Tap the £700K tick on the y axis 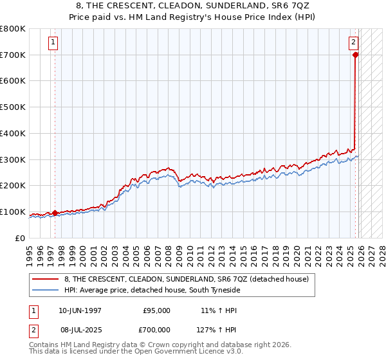coord(13,55)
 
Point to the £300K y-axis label coord(13,160)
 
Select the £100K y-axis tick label coord(13,212)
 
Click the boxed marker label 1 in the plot coord(53,43)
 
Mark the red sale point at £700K coord(356,55)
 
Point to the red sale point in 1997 coord(55,213)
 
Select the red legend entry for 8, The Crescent coord(187,279)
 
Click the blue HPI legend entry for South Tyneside coord(152,291)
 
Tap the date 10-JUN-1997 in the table coord(80,310)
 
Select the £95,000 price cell coord(157,310)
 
